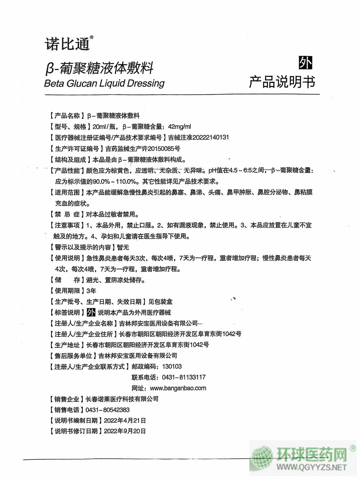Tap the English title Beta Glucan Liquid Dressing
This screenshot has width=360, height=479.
(104, 83)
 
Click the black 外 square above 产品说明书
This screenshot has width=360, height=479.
(305, 63)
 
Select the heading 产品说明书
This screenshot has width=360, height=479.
(282, 82)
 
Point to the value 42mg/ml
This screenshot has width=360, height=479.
(179, 127)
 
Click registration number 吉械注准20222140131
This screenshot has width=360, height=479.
(199, 137)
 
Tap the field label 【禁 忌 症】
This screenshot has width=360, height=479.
(66, 214)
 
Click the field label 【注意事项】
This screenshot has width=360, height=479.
(66, 225)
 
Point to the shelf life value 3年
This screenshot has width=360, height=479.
(91, 291)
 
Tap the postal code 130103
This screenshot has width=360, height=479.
(172, 366)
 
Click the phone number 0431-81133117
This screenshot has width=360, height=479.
(184, 377)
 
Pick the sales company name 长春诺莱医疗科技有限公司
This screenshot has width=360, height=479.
(122, 399)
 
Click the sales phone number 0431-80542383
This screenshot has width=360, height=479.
(108, 410)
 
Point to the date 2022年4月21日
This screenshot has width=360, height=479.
(125, 420)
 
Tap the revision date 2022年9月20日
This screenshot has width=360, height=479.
(125, 431)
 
